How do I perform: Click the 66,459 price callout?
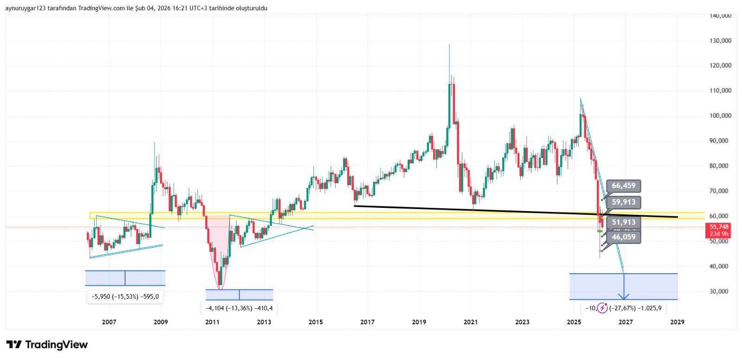pos(623,186)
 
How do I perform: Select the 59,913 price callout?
pos(623,202)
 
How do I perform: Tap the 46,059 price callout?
pos(623,237)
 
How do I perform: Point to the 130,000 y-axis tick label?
pos(720,41)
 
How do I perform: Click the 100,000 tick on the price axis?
pos(720,116)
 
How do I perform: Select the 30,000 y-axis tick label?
pos(720,291)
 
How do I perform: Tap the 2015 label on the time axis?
pos(316,322)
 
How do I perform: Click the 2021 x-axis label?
pos(471,322)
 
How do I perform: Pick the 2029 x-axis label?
pos(677,322)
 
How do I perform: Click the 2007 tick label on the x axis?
pos(109,322)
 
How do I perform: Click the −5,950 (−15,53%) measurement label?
pos(125,296)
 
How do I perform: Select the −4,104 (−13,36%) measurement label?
pos(239,308)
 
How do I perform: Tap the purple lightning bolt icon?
pos(602,308)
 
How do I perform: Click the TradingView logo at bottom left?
pos(47,345)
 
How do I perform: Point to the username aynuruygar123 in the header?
pos(26,8)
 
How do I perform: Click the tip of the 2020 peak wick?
pos(449,45)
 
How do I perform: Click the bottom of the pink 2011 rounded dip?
pos(221,289)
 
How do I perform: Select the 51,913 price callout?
pos(623,222)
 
